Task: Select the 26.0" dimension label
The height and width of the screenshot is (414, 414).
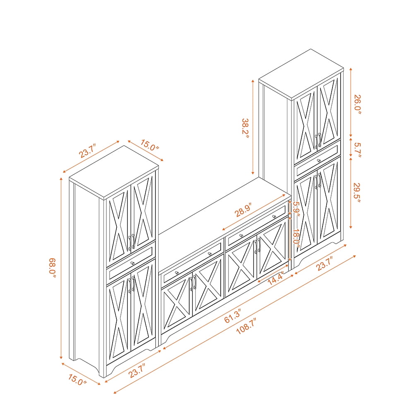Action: (357, 105)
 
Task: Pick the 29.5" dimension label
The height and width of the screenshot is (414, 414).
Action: (357, 193)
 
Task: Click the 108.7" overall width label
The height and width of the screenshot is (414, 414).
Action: (246, 326)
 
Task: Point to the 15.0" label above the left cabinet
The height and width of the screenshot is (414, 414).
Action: (150, 145)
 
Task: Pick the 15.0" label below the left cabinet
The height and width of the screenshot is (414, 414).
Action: (77, 380)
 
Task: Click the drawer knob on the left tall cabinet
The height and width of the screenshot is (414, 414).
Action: (132, 263)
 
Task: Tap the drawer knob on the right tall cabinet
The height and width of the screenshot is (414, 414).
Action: (319, 161)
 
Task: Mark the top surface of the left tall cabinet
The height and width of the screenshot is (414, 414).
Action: (114, 172)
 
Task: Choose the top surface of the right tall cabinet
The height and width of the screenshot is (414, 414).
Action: (301, 74)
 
